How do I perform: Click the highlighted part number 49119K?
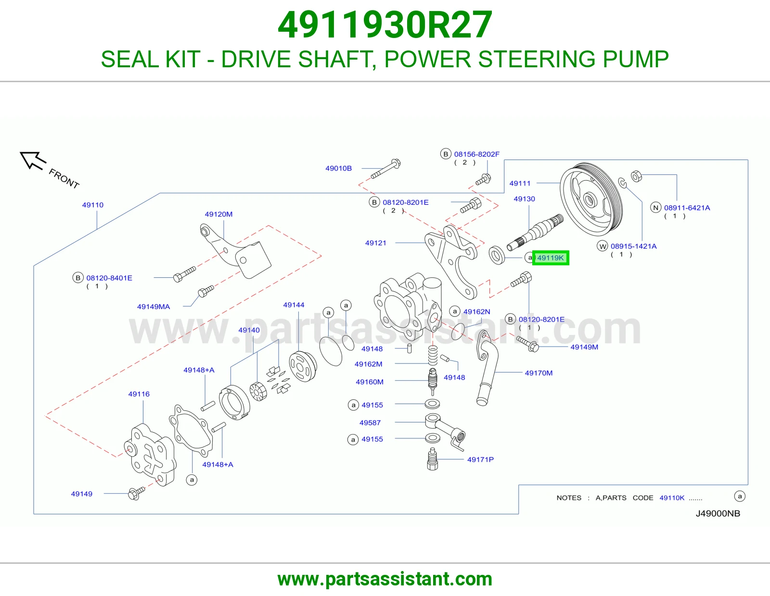click(550, 258)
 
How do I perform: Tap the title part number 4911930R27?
click(385, 25)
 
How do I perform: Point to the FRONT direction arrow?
click(33, 161)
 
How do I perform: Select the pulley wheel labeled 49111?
click(591, 199)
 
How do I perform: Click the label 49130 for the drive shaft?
click(524, 199)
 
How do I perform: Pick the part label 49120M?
click(218, 214)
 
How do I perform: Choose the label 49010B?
click(338, 168)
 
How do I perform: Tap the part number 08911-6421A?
click(687, 208)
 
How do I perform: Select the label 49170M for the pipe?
click(539, 373)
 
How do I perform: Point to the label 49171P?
click(480, 459)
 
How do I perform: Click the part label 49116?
click(139, 394)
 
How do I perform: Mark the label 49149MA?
click(154, 307)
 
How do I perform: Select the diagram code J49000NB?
click(718, 513)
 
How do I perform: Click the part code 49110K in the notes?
click(672, 497)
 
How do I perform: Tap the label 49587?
click(370, 422)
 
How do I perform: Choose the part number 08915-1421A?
click(634, 246)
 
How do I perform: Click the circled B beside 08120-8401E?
click(78, 278)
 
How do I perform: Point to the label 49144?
click(294, 305)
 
